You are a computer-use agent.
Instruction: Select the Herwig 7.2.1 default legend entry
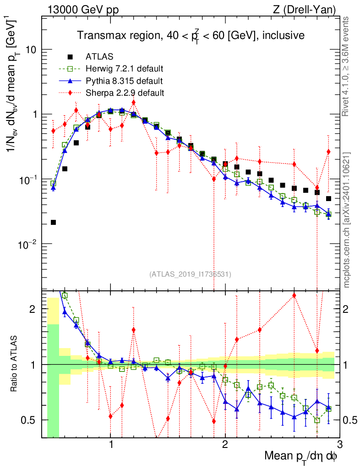124,69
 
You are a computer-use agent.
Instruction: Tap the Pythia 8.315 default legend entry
124,81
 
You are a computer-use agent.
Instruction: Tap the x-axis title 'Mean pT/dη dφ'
301,457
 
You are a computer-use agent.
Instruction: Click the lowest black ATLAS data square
53,223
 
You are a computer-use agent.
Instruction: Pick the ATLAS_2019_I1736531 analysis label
190,274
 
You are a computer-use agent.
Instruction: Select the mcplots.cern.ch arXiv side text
347,220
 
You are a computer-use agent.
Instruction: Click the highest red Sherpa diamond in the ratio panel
294,295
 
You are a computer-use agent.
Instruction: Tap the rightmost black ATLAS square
328,199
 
